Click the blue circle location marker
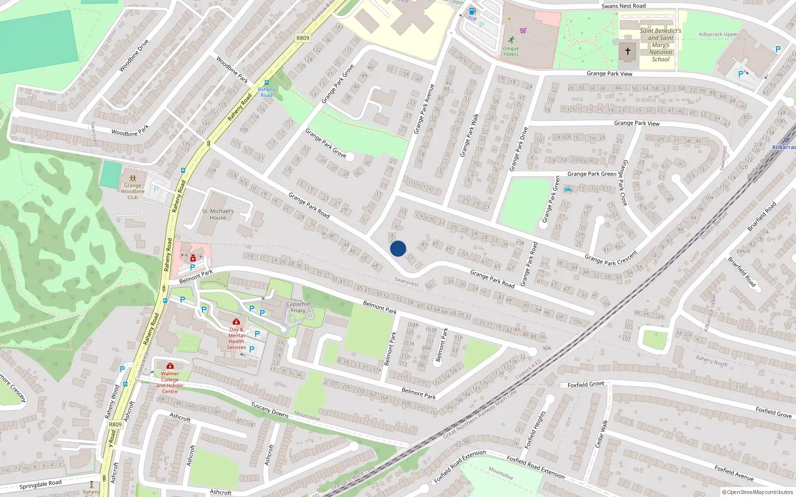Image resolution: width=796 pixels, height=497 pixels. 398,248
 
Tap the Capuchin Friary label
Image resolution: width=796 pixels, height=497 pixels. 298,307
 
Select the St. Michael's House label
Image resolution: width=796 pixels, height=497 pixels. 218,214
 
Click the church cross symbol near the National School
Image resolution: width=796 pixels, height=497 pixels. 628,51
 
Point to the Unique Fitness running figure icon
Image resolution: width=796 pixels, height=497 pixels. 511,40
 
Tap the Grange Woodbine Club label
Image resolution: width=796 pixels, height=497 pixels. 132,191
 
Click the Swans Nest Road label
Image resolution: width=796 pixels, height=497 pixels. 623,6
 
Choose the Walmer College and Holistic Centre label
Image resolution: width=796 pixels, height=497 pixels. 170,382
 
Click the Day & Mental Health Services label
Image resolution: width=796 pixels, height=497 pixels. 236,338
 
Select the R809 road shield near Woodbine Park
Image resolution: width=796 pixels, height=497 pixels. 302,38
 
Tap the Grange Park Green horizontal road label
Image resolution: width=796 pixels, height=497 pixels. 592,174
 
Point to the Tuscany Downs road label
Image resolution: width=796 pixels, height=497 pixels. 270,410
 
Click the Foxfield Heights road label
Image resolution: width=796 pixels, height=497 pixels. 535,429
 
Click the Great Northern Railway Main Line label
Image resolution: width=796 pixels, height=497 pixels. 480,414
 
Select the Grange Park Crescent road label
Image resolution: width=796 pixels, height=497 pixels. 611,258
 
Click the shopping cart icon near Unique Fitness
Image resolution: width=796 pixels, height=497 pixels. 523,30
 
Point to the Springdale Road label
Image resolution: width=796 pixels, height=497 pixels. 41,484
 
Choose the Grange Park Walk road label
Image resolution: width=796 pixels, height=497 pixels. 469,135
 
